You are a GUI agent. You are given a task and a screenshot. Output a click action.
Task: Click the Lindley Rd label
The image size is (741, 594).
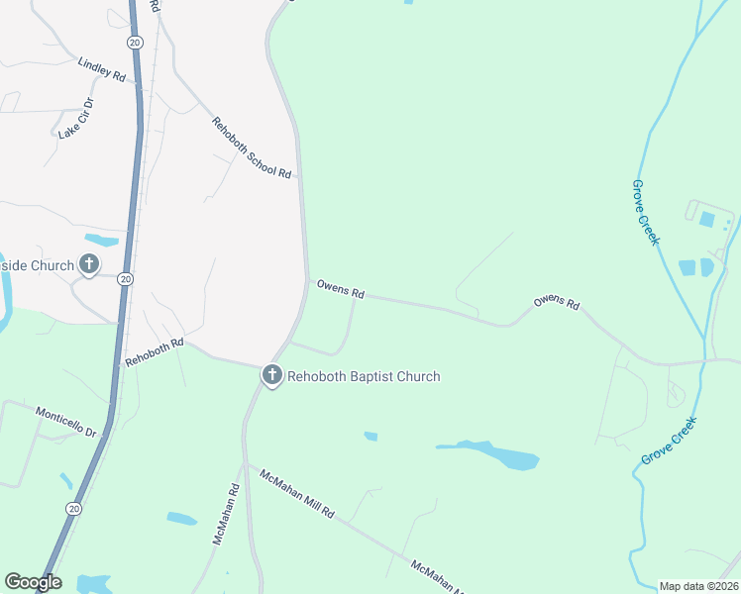[101, 69]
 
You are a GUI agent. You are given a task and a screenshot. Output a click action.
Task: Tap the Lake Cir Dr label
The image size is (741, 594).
[75, 118]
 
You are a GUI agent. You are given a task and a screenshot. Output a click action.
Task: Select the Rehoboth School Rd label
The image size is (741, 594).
[252, 148]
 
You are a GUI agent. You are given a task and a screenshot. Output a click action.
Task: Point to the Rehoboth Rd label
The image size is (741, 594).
[155, 351]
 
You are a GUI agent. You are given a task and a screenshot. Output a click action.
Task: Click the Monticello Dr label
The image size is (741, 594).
[65, 423]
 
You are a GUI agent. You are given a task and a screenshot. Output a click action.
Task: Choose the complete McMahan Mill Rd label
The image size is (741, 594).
[298, 495]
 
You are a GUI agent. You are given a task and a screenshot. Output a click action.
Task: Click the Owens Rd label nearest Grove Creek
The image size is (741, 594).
[556, 303]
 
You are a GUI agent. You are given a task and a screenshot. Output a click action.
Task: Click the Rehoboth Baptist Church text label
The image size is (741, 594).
[364, 376]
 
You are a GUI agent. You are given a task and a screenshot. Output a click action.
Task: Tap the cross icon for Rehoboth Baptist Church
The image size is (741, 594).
[271, 375]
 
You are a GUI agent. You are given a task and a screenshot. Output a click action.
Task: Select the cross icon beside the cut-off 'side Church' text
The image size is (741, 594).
[89, 264]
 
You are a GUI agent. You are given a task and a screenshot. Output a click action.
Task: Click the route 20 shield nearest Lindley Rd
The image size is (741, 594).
[135, 42]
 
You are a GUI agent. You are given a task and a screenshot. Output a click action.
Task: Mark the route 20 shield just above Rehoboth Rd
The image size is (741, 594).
[125, 279]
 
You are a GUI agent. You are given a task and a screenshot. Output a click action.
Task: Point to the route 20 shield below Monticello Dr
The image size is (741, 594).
[74, 508]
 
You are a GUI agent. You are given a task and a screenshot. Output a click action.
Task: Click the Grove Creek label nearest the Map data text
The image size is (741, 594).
[669, 441]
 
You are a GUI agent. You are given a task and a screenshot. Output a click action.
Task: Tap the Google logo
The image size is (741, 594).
[33, 582]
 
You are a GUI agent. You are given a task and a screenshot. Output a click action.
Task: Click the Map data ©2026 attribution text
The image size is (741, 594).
[698, 586]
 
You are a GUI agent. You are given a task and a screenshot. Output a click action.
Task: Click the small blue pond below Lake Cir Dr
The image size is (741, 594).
[101, 240]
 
